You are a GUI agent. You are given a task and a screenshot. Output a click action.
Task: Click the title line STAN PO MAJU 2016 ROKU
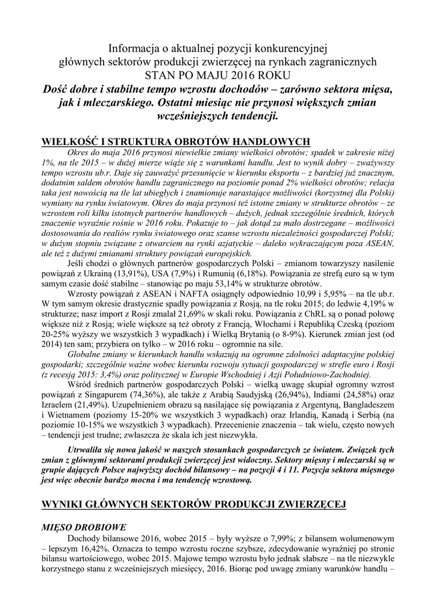point(217,75)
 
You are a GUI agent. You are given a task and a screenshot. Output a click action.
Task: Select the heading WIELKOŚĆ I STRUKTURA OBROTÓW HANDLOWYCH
point(175,142)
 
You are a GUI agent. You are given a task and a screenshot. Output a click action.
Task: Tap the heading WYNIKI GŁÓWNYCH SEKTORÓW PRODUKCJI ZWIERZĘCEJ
point(193,504)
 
